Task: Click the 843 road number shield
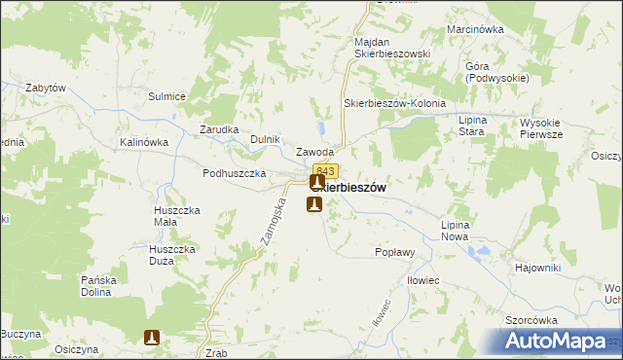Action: (325, 171)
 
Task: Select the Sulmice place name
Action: (166, 96)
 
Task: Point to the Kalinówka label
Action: (145, 142)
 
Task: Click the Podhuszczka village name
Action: (235, 173)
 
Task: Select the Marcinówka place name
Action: (475, 30)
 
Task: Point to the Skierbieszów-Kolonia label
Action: (394, 103)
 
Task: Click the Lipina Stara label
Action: (478, 125)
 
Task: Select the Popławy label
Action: (396, 251)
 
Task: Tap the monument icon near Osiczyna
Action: (152, 338)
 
